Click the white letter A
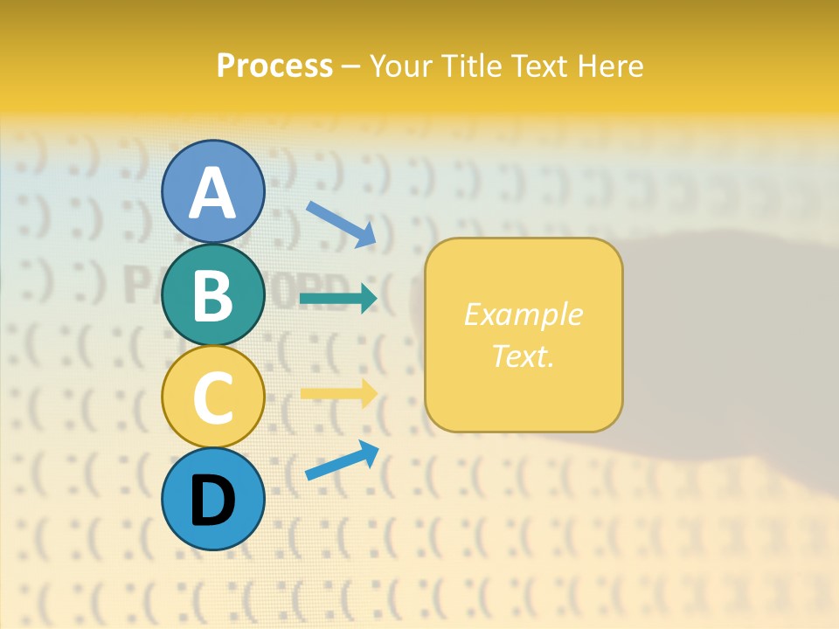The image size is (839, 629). [x=213, y=193]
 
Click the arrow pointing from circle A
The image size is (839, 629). [x=341, y=224]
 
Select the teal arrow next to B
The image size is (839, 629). [x=338, y=299]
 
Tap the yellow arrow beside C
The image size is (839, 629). [x=338, y=393]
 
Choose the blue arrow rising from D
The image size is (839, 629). [x=342, y=460]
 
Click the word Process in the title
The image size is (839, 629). [x=274, y=66]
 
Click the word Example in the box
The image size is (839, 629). [x=524, y=314]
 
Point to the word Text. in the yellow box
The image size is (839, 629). [x=524, y=356]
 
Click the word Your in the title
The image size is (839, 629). [x=400, y=66]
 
